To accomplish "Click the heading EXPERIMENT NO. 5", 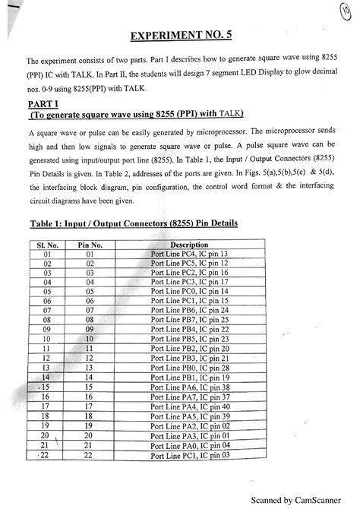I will click(180, 35).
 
